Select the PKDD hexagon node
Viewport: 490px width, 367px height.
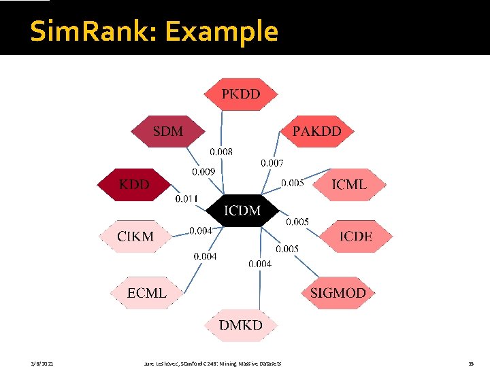[x=241, y=94]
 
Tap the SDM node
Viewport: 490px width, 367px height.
[x=167, y=131]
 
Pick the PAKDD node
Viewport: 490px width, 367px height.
[x=317, y=131]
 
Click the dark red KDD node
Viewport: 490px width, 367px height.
[x=134, y=184]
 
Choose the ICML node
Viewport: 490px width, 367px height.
[x=348, y=184]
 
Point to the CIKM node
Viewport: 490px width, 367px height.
[x=135, y=237]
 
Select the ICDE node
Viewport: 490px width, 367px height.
[x=356, y=237]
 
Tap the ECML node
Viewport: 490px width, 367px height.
[x=147, y=293]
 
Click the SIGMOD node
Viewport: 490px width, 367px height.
[x=338, y=293]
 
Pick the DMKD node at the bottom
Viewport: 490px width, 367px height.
[x=240, y=325]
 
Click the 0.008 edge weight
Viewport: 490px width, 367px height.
[x=221, y=152]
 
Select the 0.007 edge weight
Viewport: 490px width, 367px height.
[x=272, y=163]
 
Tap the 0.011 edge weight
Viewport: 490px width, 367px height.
[x=186, y=199]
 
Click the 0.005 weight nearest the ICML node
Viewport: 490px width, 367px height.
[x=293, y=183]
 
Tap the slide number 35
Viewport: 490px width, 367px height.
[x=470, y=364]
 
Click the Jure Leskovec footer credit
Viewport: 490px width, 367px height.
[x=213, y=364]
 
